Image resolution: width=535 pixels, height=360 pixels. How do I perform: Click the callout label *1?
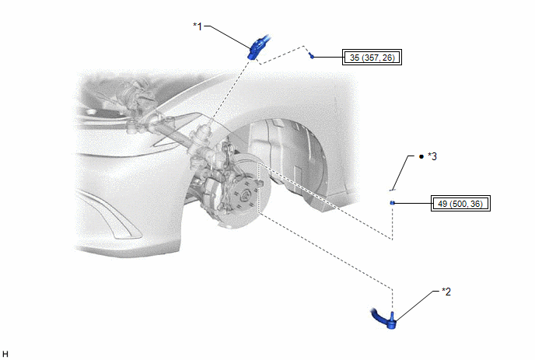click(198, 26)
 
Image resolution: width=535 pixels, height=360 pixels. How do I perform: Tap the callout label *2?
click(446, 292)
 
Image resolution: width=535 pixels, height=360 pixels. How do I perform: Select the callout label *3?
click(432, 156)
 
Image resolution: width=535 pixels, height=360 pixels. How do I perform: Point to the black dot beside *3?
click(421, 156)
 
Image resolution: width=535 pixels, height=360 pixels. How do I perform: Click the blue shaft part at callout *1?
click(258, 47)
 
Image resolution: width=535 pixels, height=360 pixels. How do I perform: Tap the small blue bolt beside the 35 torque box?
click(311, 56)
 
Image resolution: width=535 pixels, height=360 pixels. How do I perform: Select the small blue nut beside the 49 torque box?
click(393, 203)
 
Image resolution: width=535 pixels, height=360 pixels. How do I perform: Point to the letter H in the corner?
click(5, 354)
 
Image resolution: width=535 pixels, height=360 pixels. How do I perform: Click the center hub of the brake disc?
click(244, 196)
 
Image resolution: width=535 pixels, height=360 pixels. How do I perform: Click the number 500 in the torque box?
click(456, 204)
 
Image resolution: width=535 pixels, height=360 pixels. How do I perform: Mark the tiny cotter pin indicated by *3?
click(393, 190)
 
